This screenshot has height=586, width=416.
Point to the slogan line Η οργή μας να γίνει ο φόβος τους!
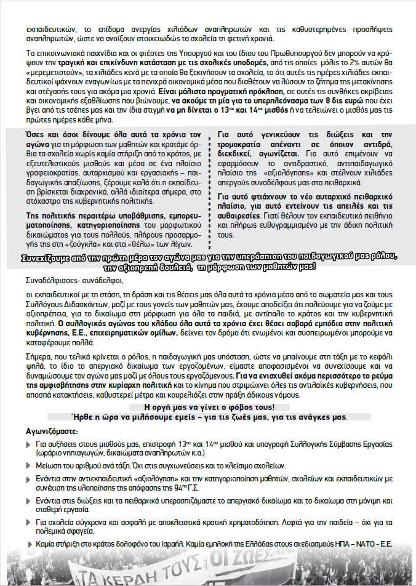tap(208, 407)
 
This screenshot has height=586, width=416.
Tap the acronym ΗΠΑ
tap(337, 545)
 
